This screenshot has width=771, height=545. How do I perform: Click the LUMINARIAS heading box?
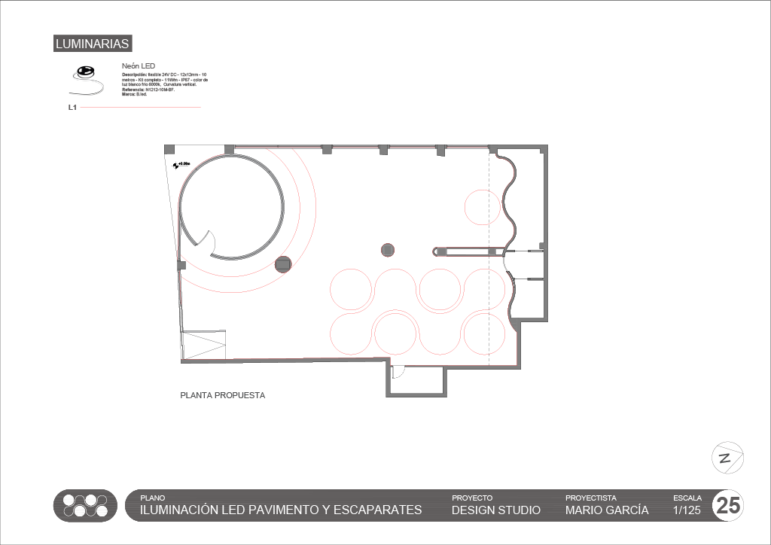coord(93,44)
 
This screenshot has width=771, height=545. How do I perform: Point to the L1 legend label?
coord(72,108)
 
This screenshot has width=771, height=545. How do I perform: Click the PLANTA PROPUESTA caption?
coord(222,395)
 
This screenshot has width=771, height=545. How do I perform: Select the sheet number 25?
coord(728,506)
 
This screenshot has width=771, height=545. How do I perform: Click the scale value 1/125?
coord(687,510)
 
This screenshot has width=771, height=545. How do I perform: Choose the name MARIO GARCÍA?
coord(607,510)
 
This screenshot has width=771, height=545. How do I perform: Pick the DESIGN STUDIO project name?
coord(495,510)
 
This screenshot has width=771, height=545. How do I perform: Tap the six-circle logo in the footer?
coord(85,505)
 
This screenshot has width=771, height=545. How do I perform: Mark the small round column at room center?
coord(388,249)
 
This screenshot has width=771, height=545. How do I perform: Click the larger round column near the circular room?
coord(282,263)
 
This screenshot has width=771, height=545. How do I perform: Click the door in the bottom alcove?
coord(399,371)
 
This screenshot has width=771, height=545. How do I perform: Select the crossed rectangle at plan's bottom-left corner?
coord(204,346)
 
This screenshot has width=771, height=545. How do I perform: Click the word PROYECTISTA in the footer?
coord(590,498)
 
